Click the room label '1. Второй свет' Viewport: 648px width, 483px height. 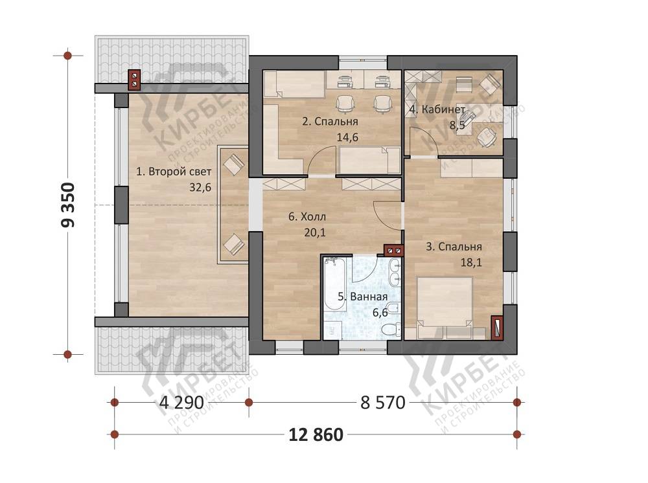pos(174,172)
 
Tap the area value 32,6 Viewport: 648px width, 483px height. pos(200,187)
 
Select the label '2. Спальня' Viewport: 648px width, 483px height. pos(330,122)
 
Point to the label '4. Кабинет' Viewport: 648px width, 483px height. pos(437,110)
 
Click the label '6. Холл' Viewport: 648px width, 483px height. pos(307,217)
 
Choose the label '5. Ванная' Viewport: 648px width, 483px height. pos(362,297)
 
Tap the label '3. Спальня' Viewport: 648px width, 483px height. pos(454,247)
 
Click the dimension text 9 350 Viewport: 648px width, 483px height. pos(68,205)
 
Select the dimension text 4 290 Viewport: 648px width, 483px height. pos(181,402)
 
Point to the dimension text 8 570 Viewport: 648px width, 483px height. pos(383,402)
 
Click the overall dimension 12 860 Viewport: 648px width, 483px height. pos(316,434)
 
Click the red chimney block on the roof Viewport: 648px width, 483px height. pos(135,80)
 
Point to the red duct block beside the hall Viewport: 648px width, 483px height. pos(393,250)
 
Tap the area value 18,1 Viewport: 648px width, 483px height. pos(471,263)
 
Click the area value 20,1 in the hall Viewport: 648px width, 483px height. pos(315,233)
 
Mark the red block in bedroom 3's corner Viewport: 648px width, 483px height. pos(497,328)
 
